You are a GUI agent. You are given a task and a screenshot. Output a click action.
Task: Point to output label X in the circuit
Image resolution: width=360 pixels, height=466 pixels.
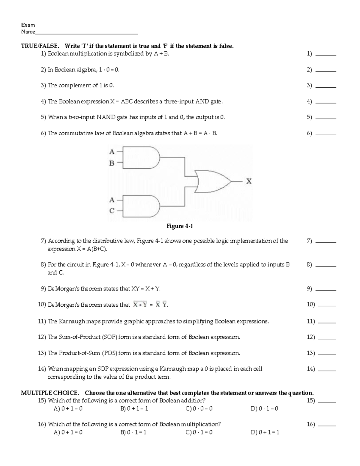click(x=249, y=181)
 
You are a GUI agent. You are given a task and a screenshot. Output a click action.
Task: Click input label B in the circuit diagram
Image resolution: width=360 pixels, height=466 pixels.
click(x=112, y=163)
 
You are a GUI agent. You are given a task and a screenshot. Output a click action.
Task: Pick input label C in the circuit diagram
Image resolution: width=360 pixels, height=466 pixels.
click(x=112, y=211)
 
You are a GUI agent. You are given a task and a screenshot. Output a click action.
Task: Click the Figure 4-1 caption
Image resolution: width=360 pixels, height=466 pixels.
click(x=180, y=226)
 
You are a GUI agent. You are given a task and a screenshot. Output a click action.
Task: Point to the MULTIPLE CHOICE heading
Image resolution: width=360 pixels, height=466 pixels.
click(x=50, y=393)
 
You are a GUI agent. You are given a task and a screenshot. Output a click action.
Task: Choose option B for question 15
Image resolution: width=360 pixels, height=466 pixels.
click(x=134, y=409)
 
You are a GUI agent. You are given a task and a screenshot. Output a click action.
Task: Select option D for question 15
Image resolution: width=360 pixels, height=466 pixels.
click(x=264, y=409)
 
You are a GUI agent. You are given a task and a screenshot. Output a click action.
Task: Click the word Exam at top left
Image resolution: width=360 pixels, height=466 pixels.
click(x=28, y=25)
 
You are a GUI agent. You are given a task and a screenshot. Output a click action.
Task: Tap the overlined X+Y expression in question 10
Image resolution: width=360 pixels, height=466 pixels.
click(x=140, y=305)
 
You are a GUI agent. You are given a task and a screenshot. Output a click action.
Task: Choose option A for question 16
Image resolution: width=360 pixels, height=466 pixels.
click(x=68, y=432)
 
